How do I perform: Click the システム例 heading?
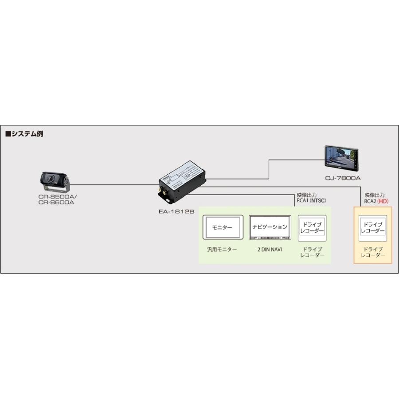24,133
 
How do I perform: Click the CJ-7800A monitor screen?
340,158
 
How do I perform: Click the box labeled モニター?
223,227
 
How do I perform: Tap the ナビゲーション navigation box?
270,227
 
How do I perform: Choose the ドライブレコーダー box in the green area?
312,228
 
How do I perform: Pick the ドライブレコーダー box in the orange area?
372,228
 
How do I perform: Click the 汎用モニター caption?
222,249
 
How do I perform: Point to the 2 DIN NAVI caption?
270,249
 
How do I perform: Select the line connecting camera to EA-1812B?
115,184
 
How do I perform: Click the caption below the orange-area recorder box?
372,252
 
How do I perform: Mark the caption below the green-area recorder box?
312,252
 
